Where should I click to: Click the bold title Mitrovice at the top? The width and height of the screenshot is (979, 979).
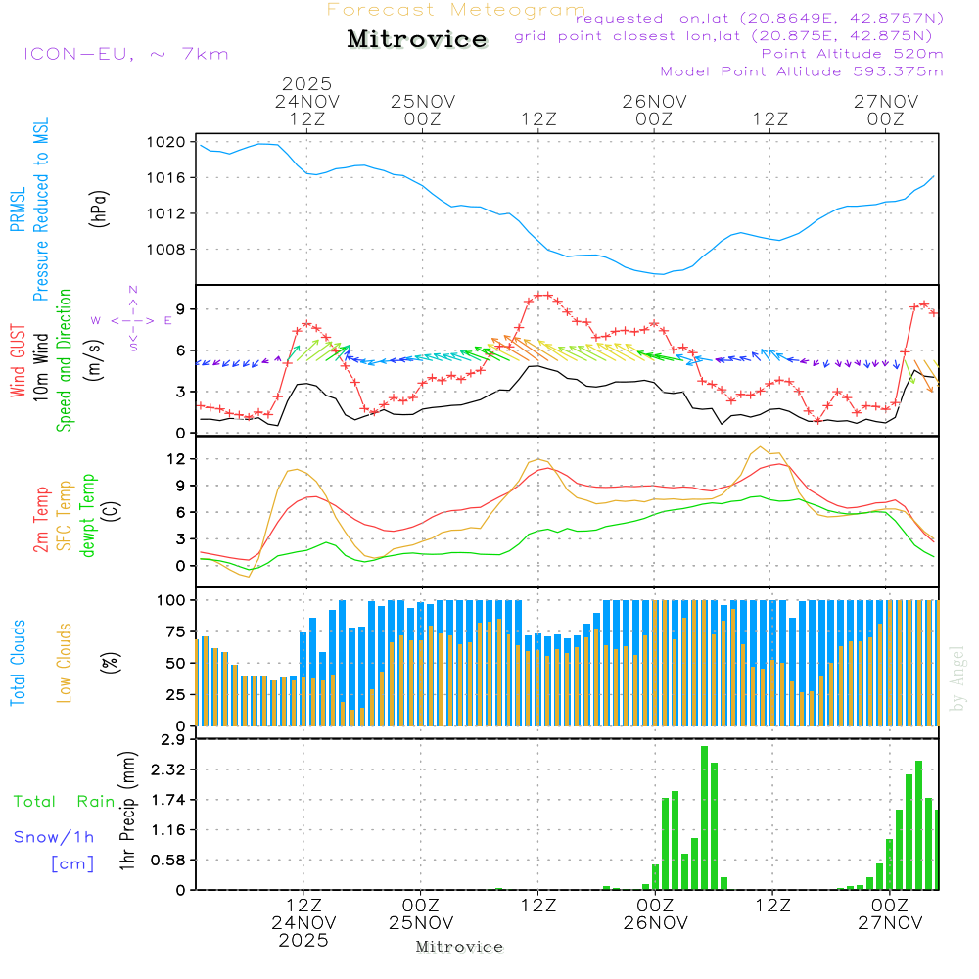(x=417, y=39)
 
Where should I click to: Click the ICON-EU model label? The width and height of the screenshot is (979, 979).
(x=125, y=54)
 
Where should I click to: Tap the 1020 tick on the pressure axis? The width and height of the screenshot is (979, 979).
(x=172, y=142)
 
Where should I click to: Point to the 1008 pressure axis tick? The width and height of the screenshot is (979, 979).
(x=172, y=249)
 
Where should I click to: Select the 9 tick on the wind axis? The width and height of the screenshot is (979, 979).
(x=181, y=308)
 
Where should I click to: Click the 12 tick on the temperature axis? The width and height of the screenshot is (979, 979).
(x=177, y=459)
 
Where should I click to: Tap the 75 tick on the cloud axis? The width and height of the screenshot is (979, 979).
(x=177, y=631)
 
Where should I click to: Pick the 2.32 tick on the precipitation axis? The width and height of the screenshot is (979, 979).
(x=169, y=769)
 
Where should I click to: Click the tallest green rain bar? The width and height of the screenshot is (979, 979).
(x=704, y=817)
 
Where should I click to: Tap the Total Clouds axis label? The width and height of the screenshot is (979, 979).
(x=18, y=663)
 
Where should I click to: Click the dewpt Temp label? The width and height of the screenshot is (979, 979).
(x=89, y=516)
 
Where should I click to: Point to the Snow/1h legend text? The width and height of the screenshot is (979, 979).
(x=54, y=837)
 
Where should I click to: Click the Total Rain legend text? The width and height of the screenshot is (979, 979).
(x=64, y=802)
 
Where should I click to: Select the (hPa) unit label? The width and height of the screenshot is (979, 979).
(x=98, y=209)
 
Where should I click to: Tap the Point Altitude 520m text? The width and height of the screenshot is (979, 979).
(x=852, y=53)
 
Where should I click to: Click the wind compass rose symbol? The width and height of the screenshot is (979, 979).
(x=133, y=319)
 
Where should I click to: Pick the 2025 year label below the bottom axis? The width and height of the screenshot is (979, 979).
(x=303, y=941)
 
